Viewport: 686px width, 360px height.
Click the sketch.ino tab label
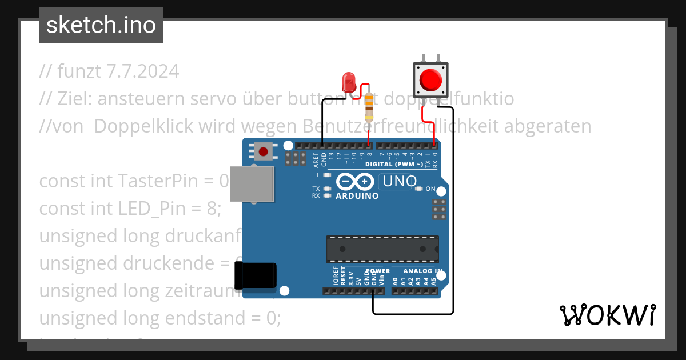click(101, 25)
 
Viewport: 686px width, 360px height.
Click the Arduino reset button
click(263, 151)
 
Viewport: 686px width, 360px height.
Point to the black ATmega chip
click(382, 249)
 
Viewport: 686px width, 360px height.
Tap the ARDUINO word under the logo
click(357, 196)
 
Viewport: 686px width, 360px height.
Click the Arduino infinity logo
click(357, 182)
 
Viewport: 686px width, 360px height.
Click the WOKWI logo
click(607, 315)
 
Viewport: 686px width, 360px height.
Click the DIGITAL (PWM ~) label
click(394, 165)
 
